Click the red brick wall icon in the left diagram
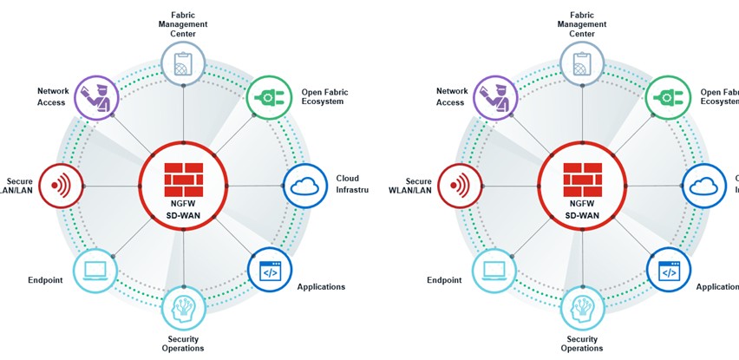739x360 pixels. click(183, 179)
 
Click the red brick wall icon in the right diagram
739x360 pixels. click(582, 179)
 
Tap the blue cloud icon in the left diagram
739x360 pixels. click(304, 186)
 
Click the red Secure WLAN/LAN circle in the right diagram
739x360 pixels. click(460, 186)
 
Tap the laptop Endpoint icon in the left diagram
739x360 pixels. click(95, 272)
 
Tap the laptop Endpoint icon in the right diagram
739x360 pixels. click(494, 272)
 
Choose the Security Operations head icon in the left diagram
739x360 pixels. click(183, 308)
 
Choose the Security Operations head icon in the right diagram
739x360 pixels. click(582, 308)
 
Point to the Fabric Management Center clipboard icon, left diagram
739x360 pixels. click(183, 62)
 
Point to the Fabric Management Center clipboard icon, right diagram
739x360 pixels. click(582, 62)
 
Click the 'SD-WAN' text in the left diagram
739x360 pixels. click(183, 213)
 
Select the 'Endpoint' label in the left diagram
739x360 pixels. click(44, 280)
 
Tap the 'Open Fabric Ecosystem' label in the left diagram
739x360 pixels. click(323, 96)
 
